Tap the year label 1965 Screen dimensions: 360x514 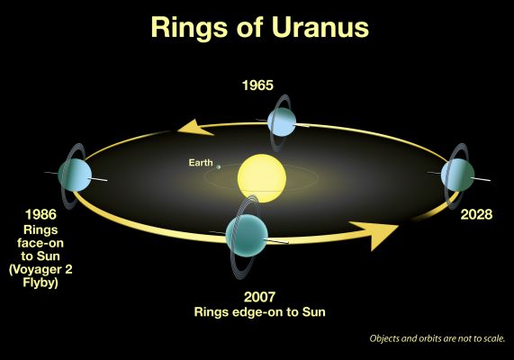point(257,88)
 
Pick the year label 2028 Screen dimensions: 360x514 point(474,216)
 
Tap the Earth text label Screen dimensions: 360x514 point(200,163)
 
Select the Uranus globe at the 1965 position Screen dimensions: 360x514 point(283,123)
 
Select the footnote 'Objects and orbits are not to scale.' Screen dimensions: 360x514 point(437,339)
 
